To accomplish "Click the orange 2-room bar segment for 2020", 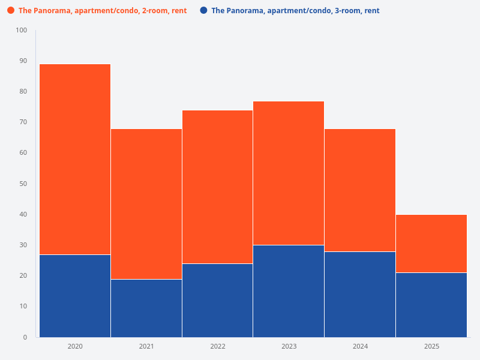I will [x=75, y=159].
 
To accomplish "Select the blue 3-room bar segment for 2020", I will [x=75, y=296].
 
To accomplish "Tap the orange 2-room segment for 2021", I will [x=146, y=204].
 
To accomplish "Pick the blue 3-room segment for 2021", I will [x=146, y=308].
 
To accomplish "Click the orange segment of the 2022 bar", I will [x=217, y=187].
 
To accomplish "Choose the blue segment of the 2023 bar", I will [x=289, y=291].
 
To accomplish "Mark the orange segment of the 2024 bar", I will [x=360, y=190].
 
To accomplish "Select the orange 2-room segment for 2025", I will [x=431, y=244].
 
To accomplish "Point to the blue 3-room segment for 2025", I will [x=431, y=305].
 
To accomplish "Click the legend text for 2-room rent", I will [x=103, y=11].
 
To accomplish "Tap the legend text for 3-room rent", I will [x=295, y=11].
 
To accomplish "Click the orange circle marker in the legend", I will [x=11, y=10].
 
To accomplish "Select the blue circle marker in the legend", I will [x=204, y=10].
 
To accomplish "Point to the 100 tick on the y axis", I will [x=22, y=30].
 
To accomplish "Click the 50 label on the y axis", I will [x=23, y=184].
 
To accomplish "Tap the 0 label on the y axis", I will [x=25, y=337].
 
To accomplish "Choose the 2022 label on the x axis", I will [x=217, y=347].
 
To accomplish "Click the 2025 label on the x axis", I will [x=431, y=347].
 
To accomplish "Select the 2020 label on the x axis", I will [x=75, y=347].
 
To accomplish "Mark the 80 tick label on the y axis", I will [x=23, y=91].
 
